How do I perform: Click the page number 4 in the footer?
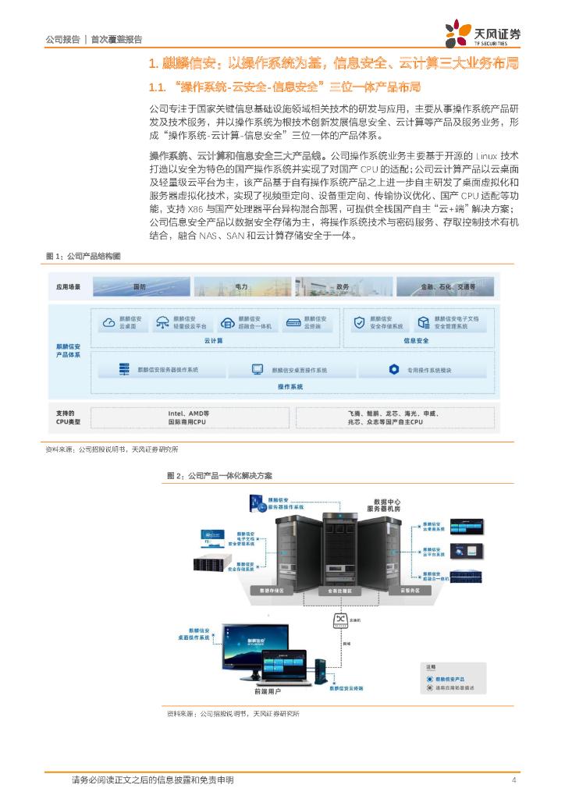click(513, 780)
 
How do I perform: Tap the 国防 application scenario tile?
click(140, 287)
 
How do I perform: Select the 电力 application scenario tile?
click(241, 287)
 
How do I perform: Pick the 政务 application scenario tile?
click(343, 287)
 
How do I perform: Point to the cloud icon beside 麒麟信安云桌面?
click(108, 322)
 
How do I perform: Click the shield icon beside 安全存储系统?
click(359, 322)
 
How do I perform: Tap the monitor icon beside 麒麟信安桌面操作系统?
click(257, 370)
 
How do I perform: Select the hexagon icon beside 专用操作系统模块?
click(395, 370)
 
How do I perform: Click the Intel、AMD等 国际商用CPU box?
click(188, 417)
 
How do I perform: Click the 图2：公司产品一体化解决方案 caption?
click(220, 474)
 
